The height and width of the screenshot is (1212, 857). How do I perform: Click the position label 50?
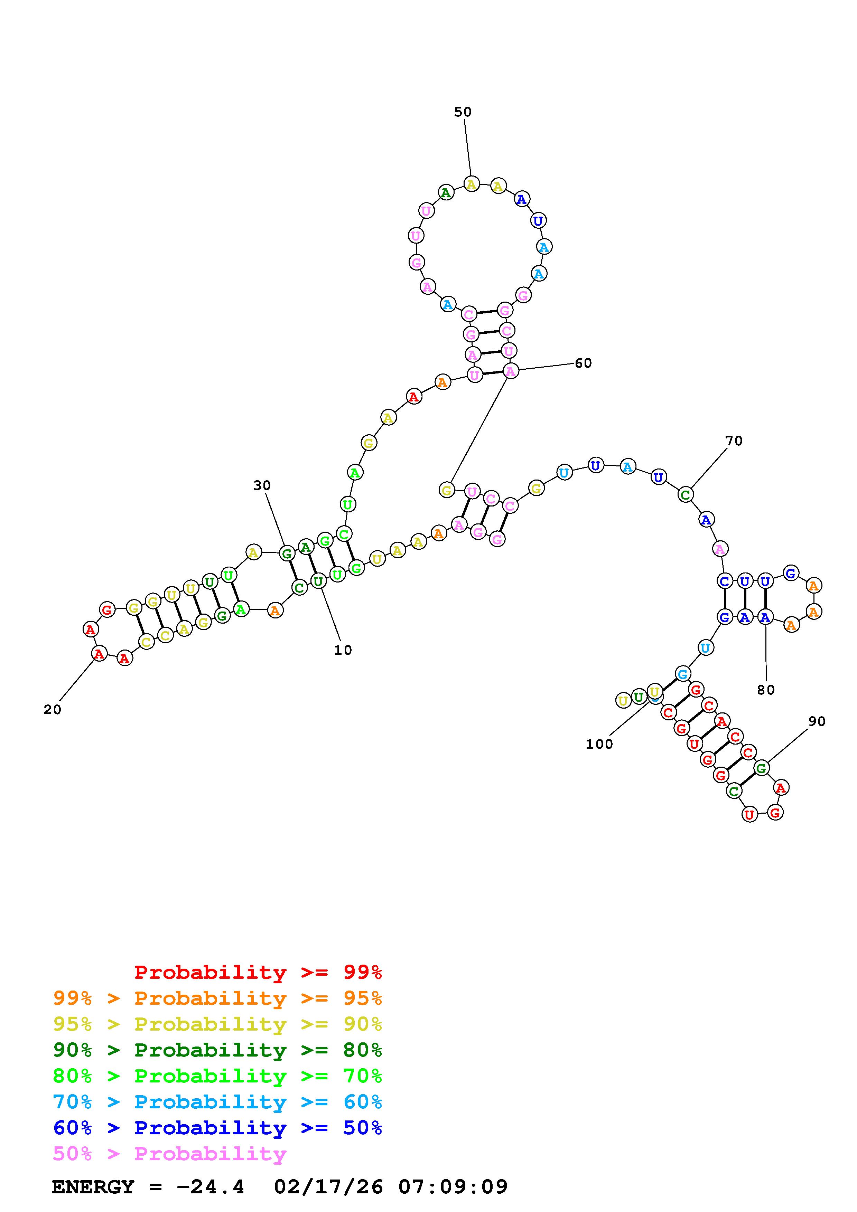pyautogui.click(x=463, y=112)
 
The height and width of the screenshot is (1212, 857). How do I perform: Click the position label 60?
pyautogui.click(x=583, y=363)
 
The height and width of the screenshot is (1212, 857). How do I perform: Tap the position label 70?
pyautogui.click(x=734, y=441)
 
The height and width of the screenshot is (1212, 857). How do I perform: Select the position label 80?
pyautogui.click(x=766, y=690)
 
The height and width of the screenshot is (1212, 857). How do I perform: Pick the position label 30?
pyautogui.click(x=262, y=485)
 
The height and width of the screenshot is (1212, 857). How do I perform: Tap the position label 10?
pyautogui.click(x=343, y=650)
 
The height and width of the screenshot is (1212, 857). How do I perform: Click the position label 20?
pyautogui.click(x=52, y=710)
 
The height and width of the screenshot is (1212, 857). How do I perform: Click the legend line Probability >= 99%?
pyautogui.click(x=258, y=972)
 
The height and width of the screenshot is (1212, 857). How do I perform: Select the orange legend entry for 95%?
pyautogui.click(x=217, y=998)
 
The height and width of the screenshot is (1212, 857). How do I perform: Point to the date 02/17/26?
pyautogui.click(x=328, y=1187)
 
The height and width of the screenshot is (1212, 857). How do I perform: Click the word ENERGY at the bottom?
pyautogui.click(x=93, y=1187)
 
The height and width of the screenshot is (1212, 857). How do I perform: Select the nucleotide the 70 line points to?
pyautogui.click(x=686, y=495)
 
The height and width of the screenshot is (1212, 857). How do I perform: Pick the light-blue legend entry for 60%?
pyautogui.click(x=217, y=1102)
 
